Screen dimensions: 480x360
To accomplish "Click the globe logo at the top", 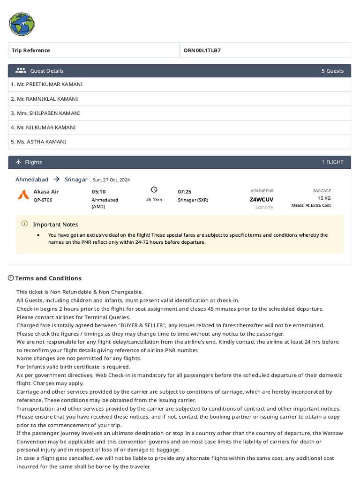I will (x=22, y=24).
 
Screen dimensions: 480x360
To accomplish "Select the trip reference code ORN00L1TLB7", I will (x=202, y=50).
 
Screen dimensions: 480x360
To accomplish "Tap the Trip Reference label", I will (x=31, y=50).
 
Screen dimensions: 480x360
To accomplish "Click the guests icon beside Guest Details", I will (x=21, y=71).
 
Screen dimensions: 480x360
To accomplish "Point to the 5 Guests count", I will (x=332, y=71).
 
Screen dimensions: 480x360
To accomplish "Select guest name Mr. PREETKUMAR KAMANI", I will (x=47, y=84).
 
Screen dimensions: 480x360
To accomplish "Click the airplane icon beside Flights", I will (x=19, y=162).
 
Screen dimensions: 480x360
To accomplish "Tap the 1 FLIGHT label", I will (x=332, y=162).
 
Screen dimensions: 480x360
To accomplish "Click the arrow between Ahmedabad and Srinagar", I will (x=56, y=179).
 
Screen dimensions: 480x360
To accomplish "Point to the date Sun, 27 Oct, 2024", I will (x=111, y=180).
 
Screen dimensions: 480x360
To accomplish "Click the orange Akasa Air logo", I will (x=23, y=195).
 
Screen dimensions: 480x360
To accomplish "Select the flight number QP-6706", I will (x=43, y=200).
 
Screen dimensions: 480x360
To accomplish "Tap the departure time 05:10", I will (x=98, y=192).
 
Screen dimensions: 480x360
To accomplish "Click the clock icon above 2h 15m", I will (x=154, y=190).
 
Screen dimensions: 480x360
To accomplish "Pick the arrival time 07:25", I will (x=184, y=192).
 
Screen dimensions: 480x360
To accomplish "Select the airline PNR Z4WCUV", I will (x=262, y=199).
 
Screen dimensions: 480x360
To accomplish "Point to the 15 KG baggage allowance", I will (x=324, y=198).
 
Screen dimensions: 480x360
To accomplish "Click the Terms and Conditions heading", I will (x=48, y=278).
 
